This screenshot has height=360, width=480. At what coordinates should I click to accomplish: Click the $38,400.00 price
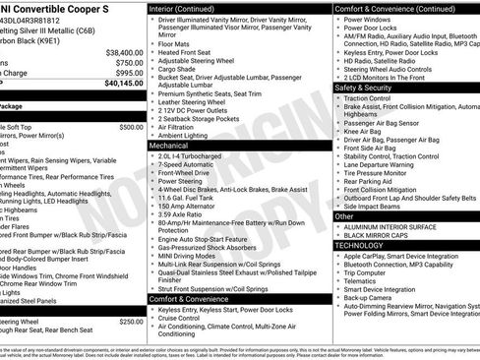119,51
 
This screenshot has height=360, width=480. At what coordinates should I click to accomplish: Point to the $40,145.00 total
119,85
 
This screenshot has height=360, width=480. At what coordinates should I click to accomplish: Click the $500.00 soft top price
131,127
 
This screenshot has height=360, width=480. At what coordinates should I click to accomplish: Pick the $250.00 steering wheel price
131,322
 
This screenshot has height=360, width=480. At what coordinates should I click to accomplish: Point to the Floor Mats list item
175,43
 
